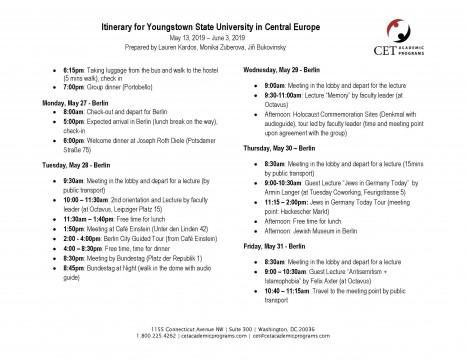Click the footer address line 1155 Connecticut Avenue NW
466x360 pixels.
pos(233,326)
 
